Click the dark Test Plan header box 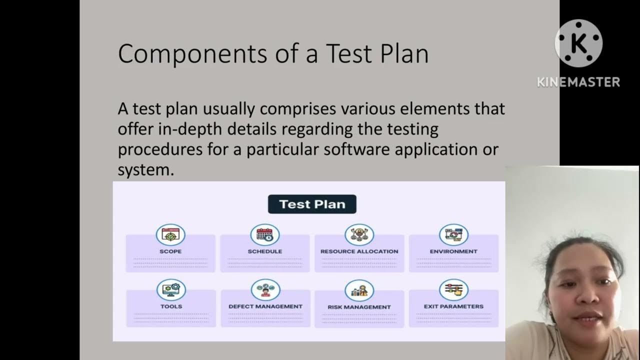coord(312,204)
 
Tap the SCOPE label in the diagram coord(170,251)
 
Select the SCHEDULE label coord(265,251)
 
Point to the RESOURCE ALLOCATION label coord(359,251)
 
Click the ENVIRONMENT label coord(453,251)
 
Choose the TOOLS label coord(171,306)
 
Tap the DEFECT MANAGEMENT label coord(265,306)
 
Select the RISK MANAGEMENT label coord(359,307)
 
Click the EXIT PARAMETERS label coord(453,306)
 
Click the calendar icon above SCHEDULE coord(265,234)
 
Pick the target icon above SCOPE coord(170,234)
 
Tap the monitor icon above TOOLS coord(171,289)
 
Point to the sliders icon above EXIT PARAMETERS coord(453,289)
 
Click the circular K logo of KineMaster coord(578,43)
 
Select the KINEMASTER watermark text coord(578,82)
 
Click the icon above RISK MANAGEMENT coord(359,290)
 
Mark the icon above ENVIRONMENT coord(453,234)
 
